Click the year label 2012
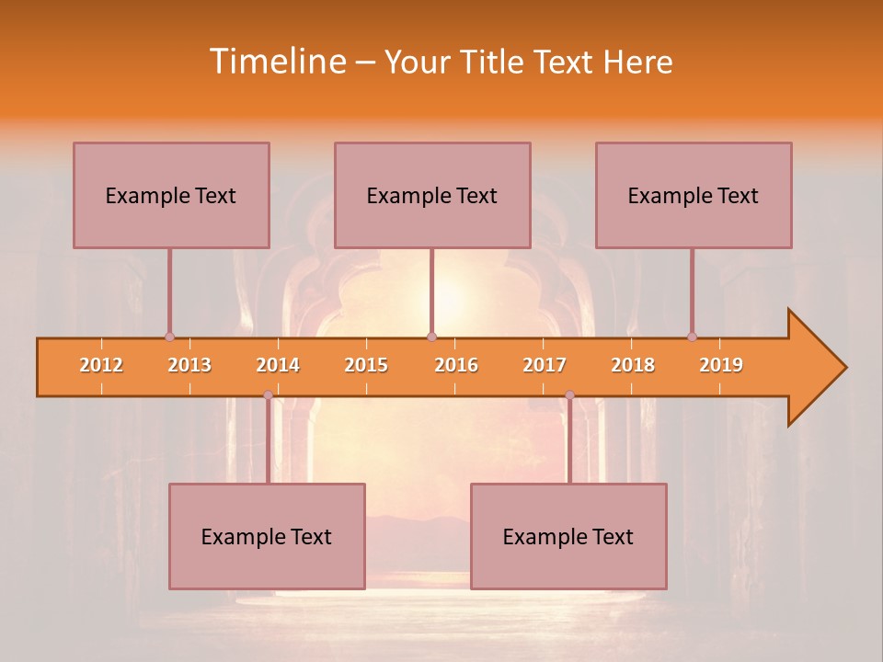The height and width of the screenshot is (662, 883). [x=101, y=365]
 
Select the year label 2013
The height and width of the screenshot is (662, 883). [x=189, y=365]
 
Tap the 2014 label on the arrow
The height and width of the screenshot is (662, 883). [x=278, y=365]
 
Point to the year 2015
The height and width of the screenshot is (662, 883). [x=366, y=365]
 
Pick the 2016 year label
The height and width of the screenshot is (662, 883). [x=456, y=365]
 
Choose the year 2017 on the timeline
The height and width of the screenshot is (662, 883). [x=545, y=365]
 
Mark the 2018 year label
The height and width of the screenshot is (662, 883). [x=633, y=365]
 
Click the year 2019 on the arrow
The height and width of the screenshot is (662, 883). [x=721, y=365]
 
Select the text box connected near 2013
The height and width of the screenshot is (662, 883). [x=171, y=195]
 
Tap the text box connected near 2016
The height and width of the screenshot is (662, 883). [x=432, y=195]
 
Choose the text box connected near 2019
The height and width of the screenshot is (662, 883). [x=694, y=195]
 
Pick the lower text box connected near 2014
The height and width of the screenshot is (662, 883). [x=267, y=536]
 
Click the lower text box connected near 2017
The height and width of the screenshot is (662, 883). [x=568, y=536]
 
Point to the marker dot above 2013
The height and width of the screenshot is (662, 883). [x=169, y=337]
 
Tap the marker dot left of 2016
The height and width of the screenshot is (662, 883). [x=431, y=337]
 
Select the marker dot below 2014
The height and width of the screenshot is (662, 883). [x=268, y=395]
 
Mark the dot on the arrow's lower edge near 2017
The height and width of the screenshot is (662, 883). [x=569, y=395]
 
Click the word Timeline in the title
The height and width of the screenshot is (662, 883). [x=279, y=62]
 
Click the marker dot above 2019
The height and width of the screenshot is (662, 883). [x=692, y=337]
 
